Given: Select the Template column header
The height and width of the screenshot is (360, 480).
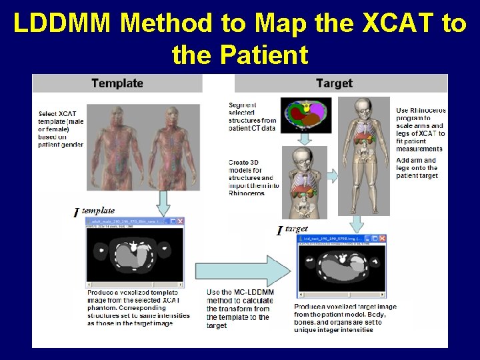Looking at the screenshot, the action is [117, 83].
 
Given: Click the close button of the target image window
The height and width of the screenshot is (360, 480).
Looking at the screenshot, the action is [382, 239].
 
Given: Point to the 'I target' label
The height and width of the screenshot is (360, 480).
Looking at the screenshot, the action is [292, 230].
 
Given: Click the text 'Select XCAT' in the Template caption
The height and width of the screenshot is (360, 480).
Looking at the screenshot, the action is [57, 113].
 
